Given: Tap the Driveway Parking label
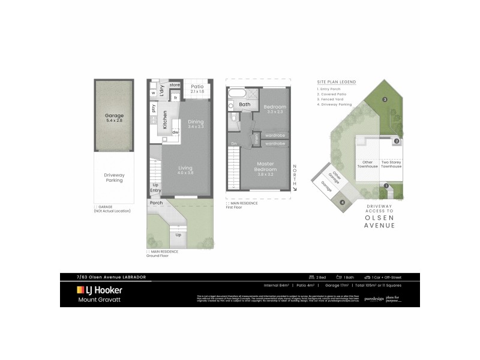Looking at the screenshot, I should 114,177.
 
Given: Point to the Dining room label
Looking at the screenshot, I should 196,124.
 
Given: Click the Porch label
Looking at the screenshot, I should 156,202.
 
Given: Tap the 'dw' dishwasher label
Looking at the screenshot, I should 175,132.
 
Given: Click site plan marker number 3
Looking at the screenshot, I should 384,99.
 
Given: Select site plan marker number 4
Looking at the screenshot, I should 343,202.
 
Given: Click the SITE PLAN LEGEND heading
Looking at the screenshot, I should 336,81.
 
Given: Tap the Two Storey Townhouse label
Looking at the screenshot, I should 391,164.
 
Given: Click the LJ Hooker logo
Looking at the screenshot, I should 100,290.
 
